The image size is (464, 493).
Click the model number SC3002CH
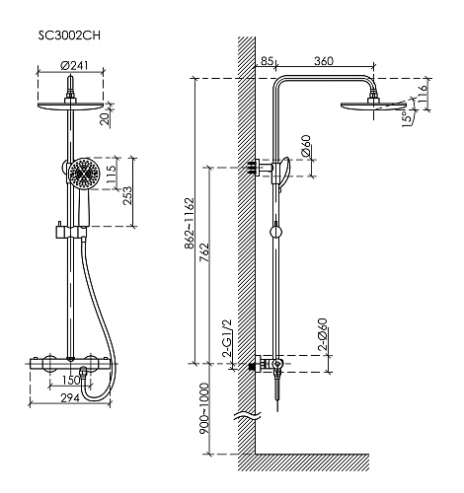(69, 35)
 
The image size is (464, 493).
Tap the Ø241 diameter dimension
(74, 65)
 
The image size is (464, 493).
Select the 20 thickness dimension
(106, 118)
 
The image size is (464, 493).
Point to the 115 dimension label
(112, 174)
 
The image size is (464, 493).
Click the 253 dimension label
(127, 196)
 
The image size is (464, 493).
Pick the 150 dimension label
(71, 380)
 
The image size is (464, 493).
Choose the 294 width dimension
(70, 397)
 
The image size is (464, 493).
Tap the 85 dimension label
(267, 61)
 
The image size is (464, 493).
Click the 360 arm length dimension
(324, 61)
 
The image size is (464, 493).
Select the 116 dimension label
(422, 93)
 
